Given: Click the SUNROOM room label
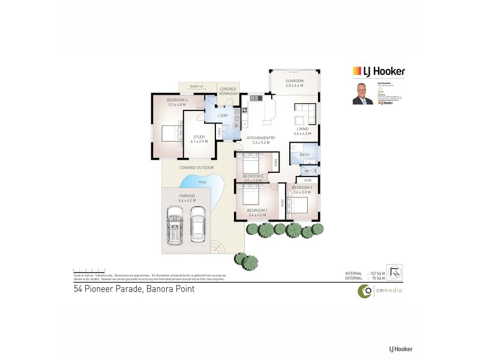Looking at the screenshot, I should pyautogui.click(x=294, y=80).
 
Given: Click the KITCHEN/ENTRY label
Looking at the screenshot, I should pyautogui.click(x=259, y=139).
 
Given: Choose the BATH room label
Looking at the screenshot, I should pyautogui.click(x=304, y=155).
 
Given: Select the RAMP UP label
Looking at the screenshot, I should pyautogui.click(x=197, y=86).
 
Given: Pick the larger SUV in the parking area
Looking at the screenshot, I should pyautogui.click(x=175, y=224).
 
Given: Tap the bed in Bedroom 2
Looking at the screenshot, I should pyautogui.click(x=298, y=205).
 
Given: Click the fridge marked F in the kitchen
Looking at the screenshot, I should pyautogui.click(x=245, y=124).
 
